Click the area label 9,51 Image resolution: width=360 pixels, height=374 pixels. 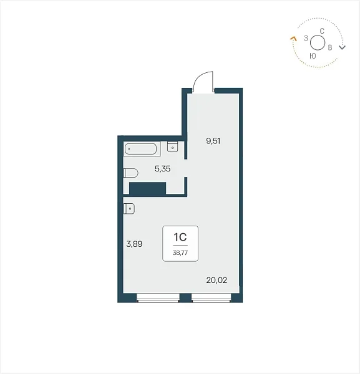(x=213, y=141)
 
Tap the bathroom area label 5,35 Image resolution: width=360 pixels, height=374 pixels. (x=163, y=169)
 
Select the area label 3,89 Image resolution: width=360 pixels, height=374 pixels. (x=134, y=244)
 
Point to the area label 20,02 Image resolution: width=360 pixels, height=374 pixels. (x=216, y=280)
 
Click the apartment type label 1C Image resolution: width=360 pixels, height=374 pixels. (x=180, y=237)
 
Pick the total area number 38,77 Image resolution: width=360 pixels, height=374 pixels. (x=180, y=253)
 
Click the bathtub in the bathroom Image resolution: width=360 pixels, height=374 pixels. (x=140, y=149)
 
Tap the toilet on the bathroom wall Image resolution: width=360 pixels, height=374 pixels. (x=131, y=173)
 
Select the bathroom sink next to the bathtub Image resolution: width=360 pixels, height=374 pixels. (x=172, y=146)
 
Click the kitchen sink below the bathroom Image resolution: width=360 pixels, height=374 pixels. (x=129, y=209)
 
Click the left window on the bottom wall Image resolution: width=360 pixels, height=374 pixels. (x=158, y=298)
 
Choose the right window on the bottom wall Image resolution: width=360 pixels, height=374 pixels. (x=212, y=298)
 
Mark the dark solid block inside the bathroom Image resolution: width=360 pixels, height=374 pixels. (x=147, y=188)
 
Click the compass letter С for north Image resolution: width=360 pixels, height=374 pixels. (x=322, y=31)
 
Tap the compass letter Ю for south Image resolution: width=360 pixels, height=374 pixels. (x=313, y=56)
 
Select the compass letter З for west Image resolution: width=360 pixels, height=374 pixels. (x=306, y=38)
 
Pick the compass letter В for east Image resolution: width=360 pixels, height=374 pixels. (x=330, y=47)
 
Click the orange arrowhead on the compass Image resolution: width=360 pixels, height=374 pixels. (x=293, y=39)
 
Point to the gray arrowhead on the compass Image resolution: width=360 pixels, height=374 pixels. (x=343, y=47)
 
